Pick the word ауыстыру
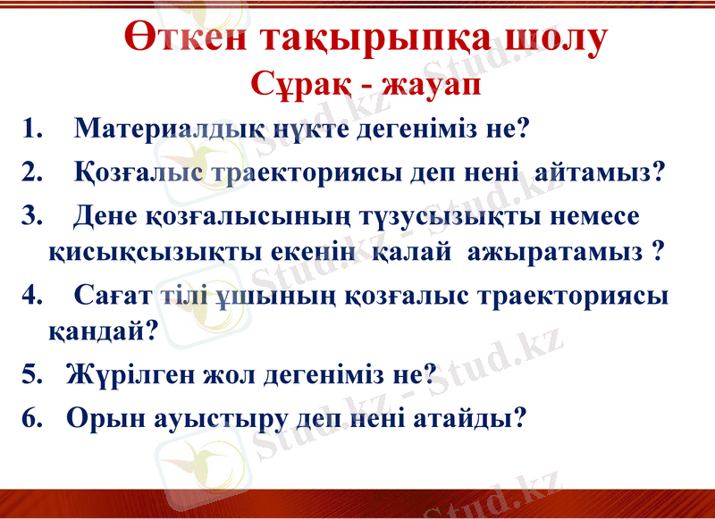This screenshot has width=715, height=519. (206, 418)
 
